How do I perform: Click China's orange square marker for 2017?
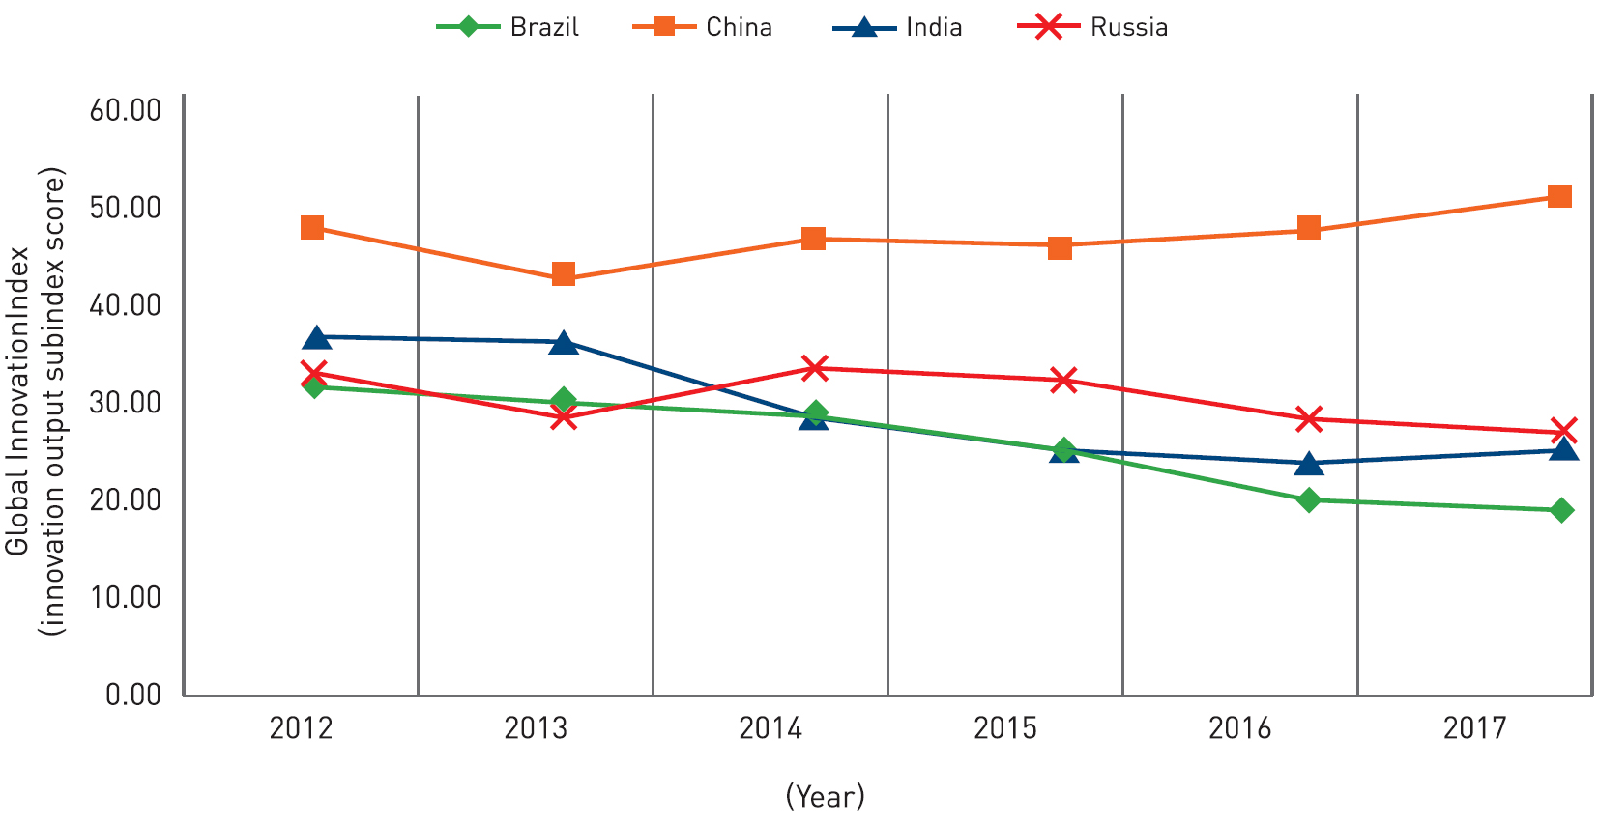pyautogui.click(x=1559, y=197)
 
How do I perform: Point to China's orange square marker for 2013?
pyautogui.click(x=564, y=274)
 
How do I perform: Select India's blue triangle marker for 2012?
pyautogui.click(x=316, y=337)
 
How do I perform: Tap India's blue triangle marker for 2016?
pyautogui.click(x=1309, y=464)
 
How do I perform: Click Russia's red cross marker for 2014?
pyautogui.click(x=815, y=368)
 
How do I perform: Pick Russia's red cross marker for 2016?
pyautogui.click(x=1309, y=419)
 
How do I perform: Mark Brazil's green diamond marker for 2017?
pyautogui.click(x=1561, y=510)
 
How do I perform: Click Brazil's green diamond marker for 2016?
pyautogui.click(x=1309, y=499)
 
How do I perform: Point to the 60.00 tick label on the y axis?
pyautogui.click(x=126, y=110)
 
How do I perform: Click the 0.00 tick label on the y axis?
pyautogui.click(x=133, y=695)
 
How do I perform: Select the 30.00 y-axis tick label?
pyautogui.click(x=126, y=403)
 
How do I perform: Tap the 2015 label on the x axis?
pyautogui.click(x=1005, y=728)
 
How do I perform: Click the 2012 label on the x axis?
pyautogui.click(x=301, y=728)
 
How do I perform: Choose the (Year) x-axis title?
pyautogui.click(x=825, y=796)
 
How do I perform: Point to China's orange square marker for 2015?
pyautogui.click(x=1060, y=248)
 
